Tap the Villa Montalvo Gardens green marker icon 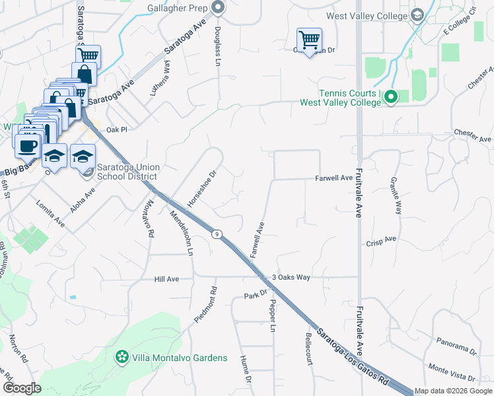pyautogui.click(x=122, y=357)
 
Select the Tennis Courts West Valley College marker pyautogui.click(x=391, y=98)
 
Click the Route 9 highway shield pyautogui.click(x=216, y=234)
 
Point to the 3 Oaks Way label pyautogui.click(x=291, y=277)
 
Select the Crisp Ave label pyautogui.click(x=381, y=243)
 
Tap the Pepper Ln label pyautogui.click(x=271, y=316)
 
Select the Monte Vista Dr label pyautogui.click(x=452, y=372)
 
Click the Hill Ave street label pyautogui.click(x=166, y=279)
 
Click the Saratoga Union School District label pyautogui.click(x=127, y=172)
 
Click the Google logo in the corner pyautogui.click(x=21, y=388)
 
